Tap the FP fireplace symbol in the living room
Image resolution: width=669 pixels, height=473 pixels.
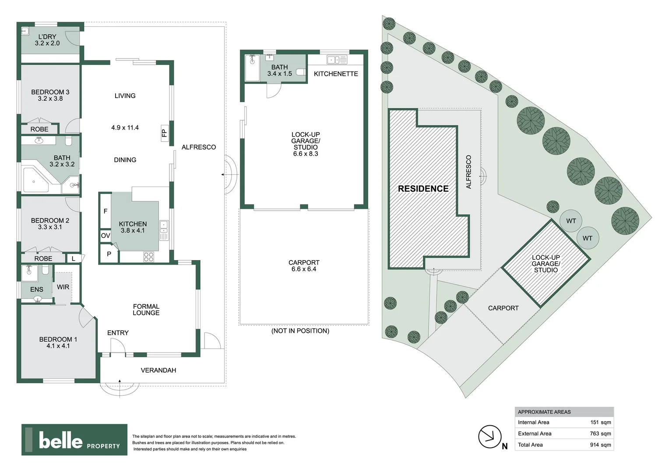165,133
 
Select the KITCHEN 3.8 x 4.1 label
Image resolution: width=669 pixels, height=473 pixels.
133,227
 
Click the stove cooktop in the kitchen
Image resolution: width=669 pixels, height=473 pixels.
148,257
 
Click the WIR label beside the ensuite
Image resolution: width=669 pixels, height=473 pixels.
63,287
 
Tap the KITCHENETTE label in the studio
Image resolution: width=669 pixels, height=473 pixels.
336,74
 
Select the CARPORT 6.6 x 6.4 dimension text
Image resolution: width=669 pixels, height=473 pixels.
304,266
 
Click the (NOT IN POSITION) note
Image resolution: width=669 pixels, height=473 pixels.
300,331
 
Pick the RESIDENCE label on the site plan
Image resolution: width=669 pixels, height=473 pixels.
423,189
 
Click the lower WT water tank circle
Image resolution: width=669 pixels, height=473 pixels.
587,238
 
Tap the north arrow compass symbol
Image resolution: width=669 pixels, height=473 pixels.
489,437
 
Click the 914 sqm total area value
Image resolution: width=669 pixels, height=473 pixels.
600,445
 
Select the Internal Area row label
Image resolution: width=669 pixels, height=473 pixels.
533,422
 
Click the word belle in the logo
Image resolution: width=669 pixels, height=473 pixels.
60,440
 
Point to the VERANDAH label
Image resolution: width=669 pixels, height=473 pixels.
158,370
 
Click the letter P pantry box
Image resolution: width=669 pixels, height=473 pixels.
109,254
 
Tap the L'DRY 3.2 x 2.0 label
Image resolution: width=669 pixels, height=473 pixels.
47,40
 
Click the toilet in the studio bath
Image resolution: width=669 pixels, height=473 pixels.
301,72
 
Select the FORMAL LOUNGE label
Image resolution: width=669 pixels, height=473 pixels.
146,310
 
